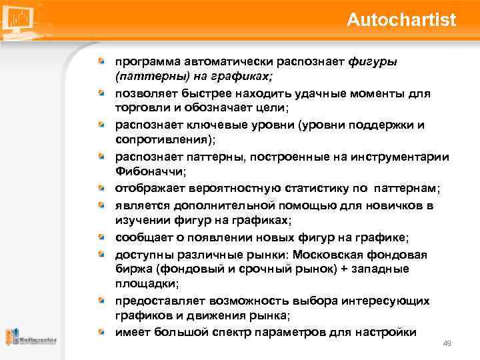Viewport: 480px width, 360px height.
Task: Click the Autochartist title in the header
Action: (x=401, y=20)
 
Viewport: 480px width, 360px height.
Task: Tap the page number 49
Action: (x=447, y=343)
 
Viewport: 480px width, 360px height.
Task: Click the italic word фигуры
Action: (x=373, y=62)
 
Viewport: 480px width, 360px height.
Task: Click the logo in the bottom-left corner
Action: (x=30, y=338)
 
